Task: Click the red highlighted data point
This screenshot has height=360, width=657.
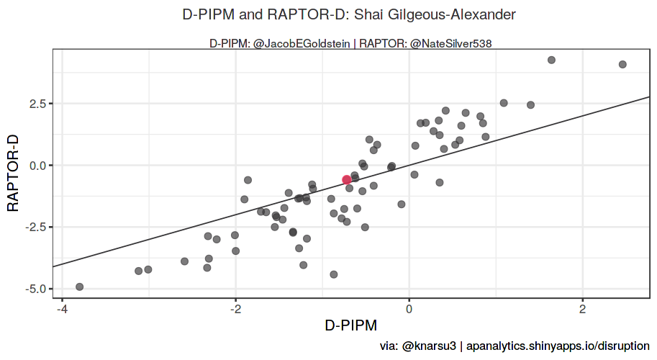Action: [x=347, y=179]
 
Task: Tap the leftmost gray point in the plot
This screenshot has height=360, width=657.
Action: [x=80, y=287]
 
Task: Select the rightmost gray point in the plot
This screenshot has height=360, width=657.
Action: [x=622, y=64]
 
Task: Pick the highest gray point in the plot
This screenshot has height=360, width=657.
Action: [x=551, y=60]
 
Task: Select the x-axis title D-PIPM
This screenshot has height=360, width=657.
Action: [x=350, y=325]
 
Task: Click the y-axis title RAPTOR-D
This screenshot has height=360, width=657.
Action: [x=13, y=171]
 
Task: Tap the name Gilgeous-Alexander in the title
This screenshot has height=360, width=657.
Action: [x=445, y=14]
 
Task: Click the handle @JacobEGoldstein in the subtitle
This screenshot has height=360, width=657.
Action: [x=303, y=44]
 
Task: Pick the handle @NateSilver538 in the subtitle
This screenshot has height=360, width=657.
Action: [x=450, y=44]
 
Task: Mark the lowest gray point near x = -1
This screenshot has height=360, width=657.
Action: [x=333, y=274]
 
